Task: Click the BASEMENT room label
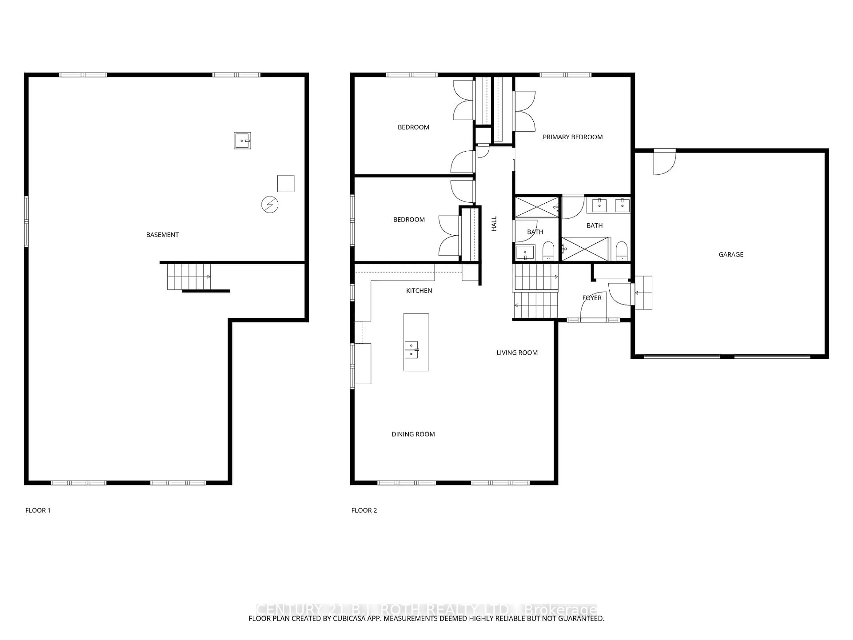click(162, 234)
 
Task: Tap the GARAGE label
click(731, 254)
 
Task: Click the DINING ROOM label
click(413, 434)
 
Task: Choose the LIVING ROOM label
click(517, 353)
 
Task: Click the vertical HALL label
click(494, 224)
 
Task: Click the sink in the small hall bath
click(525, 253)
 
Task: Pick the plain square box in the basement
click(286, 184)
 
